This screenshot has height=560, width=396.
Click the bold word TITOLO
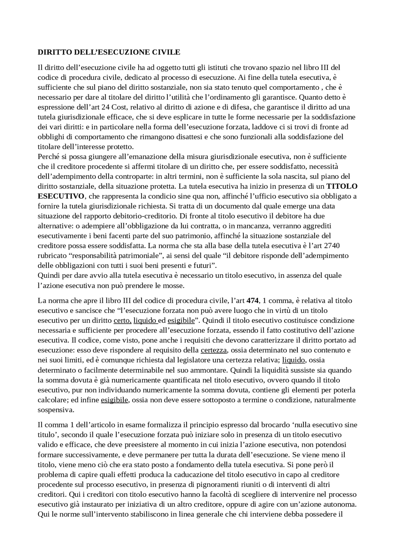342,186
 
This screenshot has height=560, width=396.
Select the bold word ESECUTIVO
61,196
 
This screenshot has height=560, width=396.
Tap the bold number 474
252,301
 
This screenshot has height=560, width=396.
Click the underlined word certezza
214,350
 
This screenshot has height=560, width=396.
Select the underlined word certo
123,320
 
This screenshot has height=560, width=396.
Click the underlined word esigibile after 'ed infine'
114,400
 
